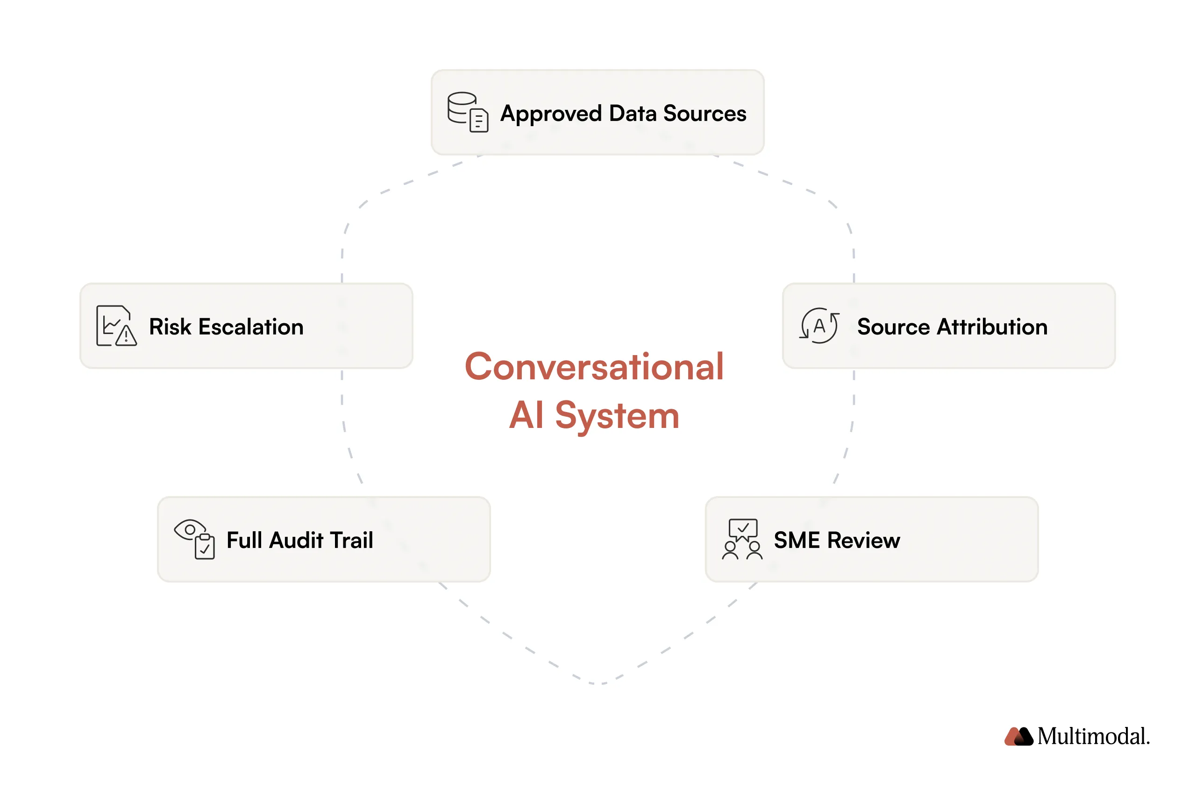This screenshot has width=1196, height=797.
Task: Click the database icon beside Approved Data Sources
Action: coord(467,112)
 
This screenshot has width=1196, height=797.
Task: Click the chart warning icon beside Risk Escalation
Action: coord(116,326)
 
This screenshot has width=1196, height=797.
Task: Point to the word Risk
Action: coord(170,327)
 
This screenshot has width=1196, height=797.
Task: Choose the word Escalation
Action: coord(250,327)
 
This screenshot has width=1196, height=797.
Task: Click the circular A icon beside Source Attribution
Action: coord(819,326)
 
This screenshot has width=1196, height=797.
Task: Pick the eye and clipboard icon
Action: coord(194,539)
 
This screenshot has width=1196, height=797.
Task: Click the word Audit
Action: coord(296,541)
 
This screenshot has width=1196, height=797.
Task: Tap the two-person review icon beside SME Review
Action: coord(741,539)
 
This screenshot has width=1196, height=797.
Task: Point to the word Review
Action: coord(863,541)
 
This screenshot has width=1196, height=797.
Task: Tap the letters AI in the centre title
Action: coord(527,415)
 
